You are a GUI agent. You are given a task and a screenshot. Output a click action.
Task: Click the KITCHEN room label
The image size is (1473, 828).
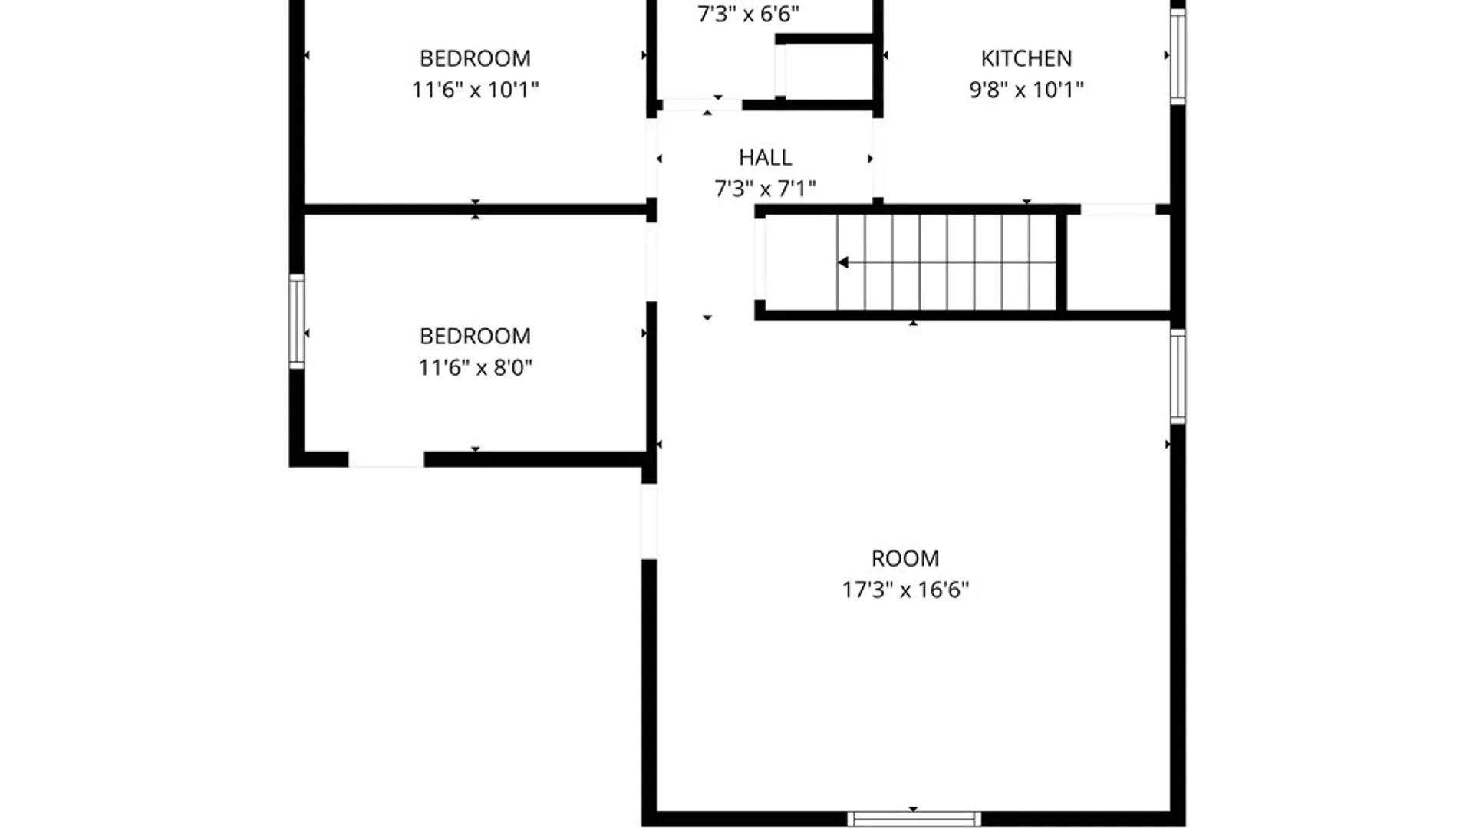tap(1026, 58)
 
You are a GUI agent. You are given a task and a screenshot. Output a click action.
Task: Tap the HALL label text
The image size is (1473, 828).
tap(765, 157)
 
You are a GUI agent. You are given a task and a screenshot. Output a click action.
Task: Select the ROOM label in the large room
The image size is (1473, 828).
tap(905, 558)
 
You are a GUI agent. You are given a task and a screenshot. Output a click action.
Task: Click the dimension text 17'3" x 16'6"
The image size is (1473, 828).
tap(905, 590)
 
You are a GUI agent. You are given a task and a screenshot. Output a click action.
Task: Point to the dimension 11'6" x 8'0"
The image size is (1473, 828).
tap(475, 367)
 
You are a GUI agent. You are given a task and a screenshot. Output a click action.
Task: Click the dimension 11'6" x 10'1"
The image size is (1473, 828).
tap(475, 90)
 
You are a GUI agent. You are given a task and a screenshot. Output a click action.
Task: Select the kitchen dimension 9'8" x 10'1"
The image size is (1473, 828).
tap(1026, 90)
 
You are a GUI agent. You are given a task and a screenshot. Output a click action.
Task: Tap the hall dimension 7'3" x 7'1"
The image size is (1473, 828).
tap(765, 189)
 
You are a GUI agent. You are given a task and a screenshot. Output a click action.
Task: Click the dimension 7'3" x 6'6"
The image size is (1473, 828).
tap(748, 14)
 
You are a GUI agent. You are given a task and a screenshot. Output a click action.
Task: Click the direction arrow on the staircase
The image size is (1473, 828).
tap(843, 262)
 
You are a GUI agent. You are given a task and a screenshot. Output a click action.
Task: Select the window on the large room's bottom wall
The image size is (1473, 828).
tap(914, 819)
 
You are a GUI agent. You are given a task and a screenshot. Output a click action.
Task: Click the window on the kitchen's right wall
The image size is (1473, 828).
tap(1178, 55)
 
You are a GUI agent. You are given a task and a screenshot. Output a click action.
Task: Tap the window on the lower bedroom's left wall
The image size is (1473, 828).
tap(296, 321)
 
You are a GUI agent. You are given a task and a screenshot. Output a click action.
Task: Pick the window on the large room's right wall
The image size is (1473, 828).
tap(1178, 376)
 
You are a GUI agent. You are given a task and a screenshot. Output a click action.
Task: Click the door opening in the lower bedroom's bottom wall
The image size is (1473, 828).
tap(386, 459)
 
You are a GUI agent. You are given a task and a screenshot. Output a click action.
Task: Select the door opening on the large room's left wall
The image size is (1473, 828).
tap(649, 521)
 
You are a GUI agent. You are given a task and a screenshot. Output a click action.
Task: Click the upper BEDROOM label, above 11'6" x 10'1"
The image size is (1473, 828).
tap(475, 58)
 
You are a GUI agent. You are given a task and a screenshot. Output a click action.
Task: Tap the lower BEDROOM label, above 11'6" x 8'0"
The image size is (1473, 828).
tap(475, 336)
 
